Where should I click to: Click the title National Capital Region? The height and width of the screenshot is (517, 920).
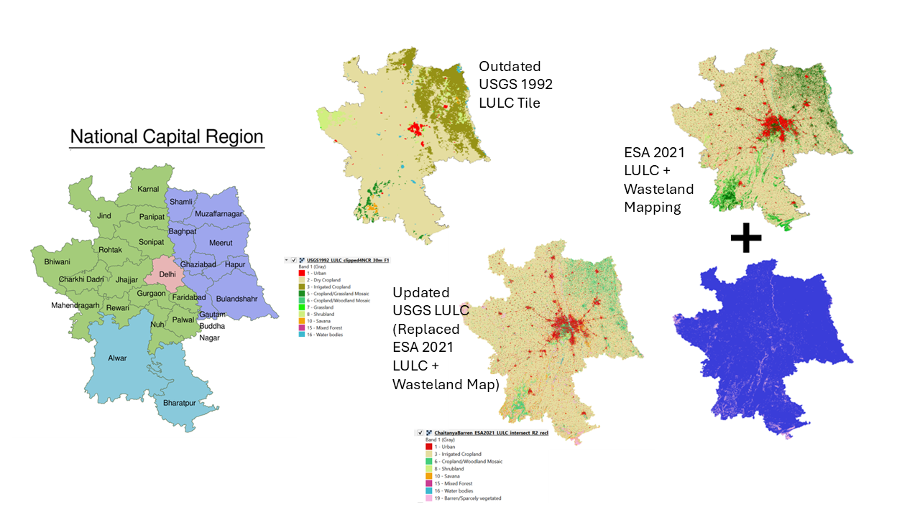coord(167,136)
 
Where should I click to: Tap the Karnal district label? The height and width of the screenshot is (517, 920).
coord(148,189)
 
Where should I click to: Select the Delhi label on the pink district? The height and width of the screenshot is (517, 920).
coord(167,274)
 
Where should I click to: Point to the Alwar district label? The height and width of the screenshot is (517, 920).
coord(116,358)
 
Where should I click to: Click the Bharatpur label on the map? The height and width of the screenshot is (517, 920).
coord(179,403)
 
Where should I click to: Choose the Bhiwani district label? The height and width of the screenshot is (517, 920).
coord(57,262)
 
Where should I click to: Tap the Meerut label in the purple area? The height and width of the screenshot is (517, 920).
coord(221,243)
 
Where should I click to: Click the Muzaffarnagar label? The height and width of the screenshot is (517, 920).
coord(218,213)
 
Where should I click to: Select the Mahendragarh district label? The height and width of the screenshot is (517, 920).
coord(76,305)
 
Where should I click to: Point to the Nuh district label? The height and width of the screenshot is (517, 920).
coord(157,324)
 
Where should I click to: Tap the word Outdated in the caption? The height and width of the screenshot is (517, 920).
coord(510,66)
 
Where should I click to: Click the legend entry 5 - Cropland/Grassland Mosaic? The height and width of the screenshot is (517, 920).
coord(333,294)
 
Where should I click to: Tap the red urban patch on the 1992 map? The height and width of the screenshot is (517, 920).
coord(415,129)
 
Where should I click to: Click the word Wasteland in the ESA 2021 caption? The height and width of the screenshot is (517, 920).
coord(658,190)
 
